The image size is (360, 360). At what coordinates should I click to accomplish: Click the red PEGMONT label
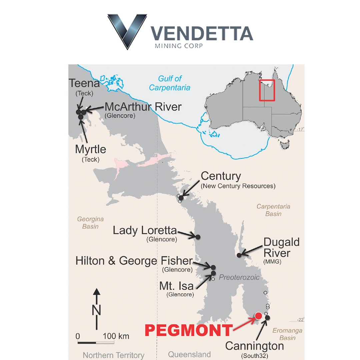pyautogui.click(x=188, y=330)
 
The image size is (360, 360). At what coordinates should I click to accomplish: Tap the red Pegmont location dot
pyautogui.click(x=258, y=316)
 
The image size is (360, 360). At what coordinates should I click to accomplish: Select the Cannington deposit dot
pyautogui.click(x=267, y=318)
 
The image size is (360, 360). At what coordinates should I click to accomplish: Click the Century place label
pyautogui.click(x=221, y=176)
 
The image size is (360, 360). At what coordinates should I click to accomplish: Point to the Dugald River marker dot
pyautogui.click(x=239, y=255)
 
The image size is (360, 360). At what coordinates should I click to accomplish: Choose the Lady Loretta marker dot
pyautogui.click(x=198, y=237)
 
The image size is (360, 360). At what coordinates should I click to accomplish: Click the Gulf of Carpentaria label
pyautogui.click(x=170, y=83)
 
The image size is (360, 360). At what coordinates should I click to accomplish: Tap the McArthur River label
pyautogui.click(x=143, y=107)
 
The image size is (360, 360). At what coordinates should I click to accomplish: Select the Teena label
pyautogui.click(x=84, y=83)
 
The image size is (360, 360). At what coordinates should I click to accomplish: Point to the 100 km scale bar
pyautogui.click(x=96, y=342)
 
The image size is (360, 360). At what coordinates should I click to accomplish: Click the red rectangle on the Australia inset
pyautogui.click(x=267, y=90)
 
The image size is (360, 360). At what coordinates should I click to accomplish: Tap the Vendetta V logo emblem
pyautogui.click(x=127, y=31)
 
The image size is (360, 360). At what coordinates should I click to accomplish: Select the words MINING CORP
pyautogui.click(x=179, y=46)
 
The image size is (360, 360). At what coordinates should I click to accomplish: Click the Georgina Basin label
pyautogui.click(x=90, y=223)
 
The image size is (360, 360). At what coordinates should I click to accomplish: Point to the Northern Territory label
pyautogui.click(x=114, y=355)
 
